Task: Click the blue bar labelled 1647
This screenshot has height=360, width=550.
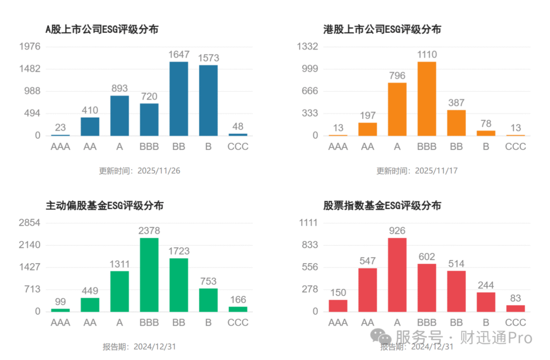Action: pos(179,99)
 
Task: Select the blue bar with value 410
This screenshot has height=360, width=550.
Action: pos(90,126)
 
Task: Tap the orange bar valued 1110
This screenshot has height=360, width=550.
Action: pos(426,99)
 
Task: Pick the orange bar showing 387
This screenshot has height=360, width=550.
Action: pos(456,123)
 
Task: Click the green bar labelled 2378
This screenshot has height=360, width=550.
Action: pos(149,275)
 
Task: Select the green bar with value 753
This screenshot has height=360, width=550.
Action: pos(208,300)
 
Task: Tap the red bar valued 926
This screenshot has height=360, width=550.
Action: pos(397,275)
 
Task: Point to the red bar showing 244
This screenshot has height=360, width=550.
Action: pos(486,302)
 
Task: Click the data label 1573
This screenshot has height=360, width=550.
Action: pos(208,57)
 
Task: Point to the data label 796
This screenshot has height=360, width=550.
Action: pos(397,76)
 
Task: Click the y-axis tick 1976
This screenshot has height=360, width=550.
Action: pos(30,47)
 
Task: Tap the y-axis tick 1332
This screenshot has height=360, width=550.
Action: pos(308,47)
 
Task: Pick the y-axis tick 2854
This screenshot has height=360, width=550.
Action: pos(30,222)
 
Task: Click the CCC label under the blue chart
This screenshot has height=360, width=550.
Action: pos(238,146)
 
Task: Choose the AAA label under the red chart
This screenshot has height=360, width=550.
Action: pos(338,322)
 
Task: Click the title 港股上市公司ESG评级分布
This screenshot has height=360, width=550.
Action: pos(382,30)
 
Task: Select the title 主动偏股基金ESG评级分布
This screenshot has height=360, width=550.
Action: pos(104,205)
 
